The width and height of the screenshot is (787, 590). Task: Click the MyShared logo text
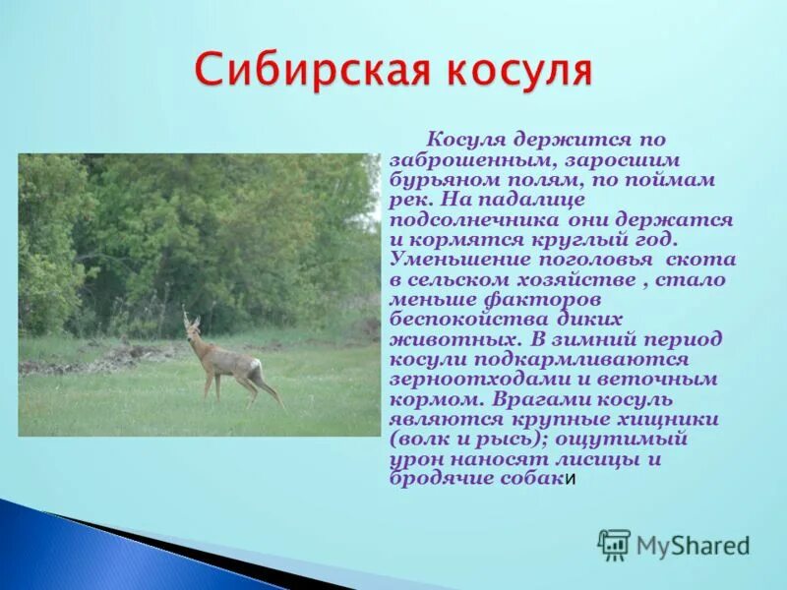pyautogui.click(x=693, y=546)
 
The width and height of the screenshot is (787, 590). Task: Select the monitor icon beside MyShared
pyautogui.click(x=614, y=545)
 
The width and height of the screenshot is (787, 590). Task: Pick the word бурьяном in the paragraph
pyautogui.click(x=440, y=181)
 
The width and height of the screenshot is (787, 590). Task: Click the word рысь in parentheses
pyautogui.click(x=508, y=438)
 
